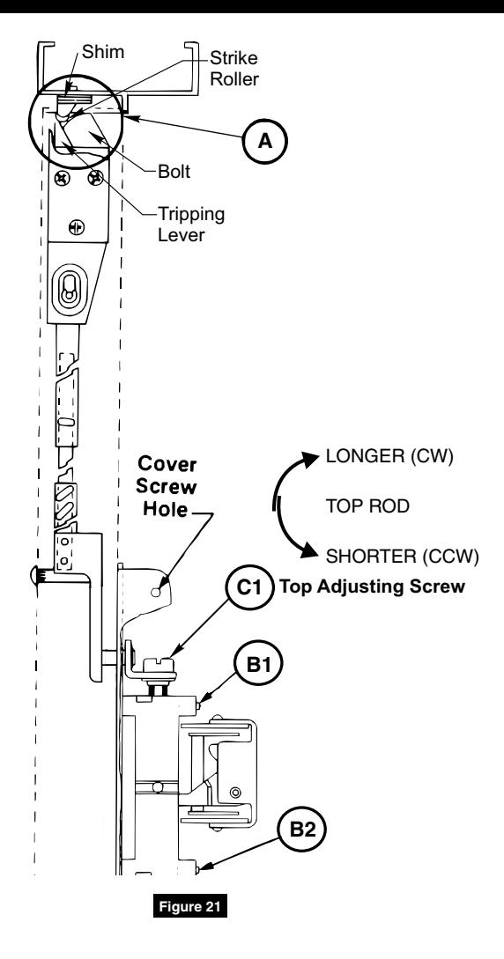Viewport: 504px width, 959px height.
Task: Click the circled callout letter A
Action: tap(265, 142)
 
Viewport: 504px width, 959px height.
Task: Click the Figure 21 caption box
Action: tap(189, 905)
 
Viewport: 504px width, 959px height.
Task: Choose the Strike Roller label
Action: tap(233, 69)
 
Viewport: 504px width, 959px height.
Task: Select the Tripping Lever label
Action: tap(191, 225)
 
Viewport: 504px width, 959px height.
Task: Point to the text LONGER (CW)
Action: tap(389, 458)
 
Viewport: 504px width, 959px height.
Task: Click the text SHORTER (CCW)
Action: tap(402, 557)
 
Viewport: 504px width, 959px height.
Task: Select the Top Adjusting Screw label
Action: tap(373, 586)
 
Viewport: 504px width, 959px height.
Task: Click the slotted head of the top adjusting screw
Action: tap(159, 664)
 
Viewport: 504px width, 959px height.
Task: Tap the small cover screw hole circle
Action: tap(157, 592)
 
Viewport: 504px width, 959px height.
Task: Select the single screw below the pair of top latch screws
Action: tap(78, 227)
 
